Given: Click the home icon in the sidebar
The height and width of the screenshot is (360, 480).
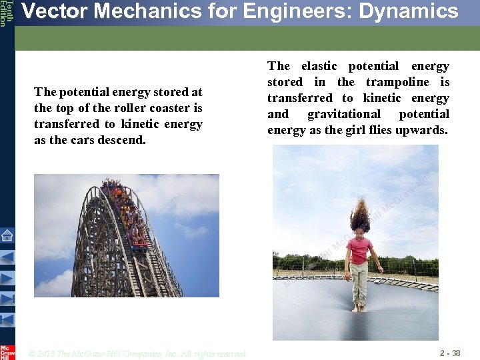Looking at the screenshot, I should [x=7, y=235].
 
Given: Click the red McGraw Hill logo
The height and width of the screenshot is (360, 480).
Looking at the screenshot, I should [x=7, y=351].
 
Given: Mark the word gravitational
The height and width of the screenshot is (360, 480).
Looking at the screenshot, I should [x=343, y=114].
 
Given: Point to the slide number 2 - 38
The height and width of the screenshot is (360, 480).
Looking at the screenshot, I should [x=450, y=353].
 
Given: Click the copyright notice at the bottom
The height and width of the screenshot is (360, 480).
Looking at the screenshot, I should [x=139, y=353].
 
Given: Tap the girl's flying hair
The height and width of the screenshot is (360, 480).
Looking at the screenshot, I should [x=360, y=214].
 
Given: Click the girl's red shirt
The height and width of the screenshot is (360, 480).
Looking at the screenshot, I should [x=359, y=250].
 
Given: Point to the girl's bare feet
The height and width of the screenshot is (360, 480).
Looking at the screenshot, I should [x=359, y=307].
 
